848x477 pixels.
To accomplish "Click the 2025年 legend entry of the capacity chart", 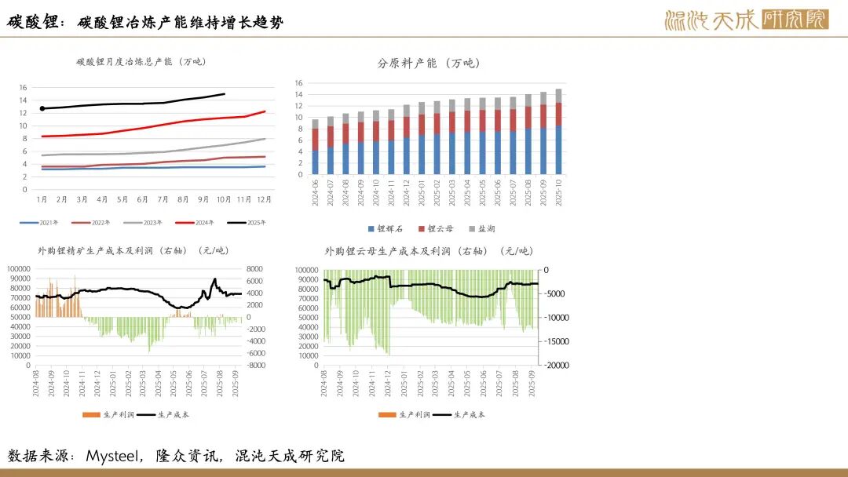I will pos(250,223).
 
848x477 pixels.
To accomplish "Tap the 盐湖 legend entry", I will pos(481,229).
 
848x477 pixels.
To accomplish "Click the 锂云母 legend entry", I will pos(435,229).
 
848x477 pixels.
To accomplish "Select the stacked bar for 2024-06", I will pos(315,147).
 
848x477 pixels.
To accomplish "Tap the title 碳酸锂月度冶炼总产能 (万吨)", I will pos(135,61).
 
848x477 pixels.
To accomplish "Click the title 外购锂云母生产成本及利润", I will pos(429,251).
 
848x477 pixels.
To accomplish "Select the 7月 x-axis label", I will pos(163,200).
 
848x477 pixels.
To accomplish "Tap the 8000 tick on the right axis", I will pos(256,269).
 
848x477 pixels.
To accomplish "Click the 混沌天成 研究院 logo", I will pos(745,20).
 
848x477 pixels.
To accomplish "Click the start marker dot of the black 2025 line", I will pos(42,108).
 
